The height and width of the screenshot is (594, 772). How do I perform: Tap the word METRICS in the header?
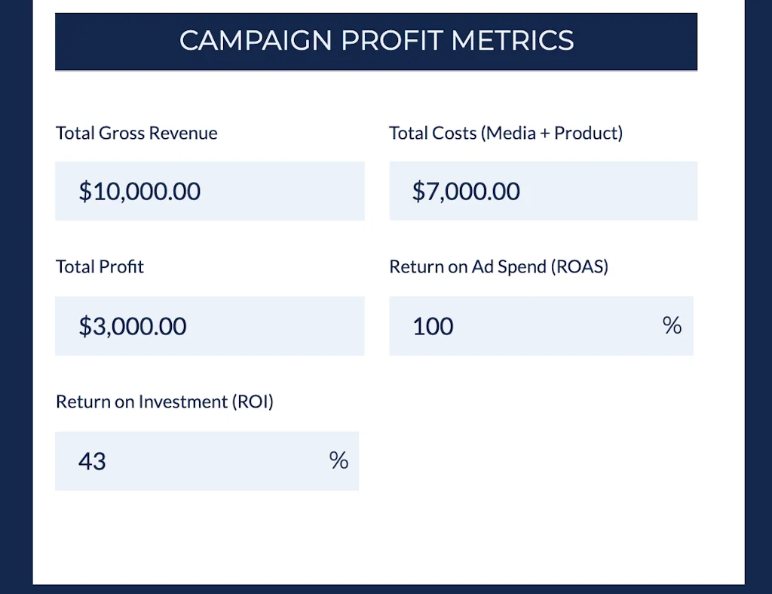(x=513, y=41)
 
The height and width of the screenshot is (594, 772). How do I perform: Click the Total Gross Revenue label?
(x=136, y=134)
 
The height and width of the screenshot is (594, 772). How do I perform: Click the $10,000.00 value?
(x=139, y=192)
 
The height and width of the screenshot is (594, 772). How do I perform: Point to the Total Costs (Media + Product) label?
(x=505, y=134)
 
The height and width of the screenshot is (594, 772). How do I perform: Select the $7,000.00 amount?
(x=466, y=192)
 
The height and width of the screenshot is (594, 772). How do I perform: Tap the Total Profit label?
(x=100, y=267)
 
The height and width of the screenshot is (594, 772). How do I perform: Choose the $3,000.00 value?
(x=133, y=327)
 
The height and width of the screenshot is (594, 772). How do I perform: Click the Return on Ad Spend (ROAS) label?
(x=498, y=267)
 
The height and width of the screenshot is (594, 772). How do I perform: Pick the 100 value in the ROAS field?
(x=433, y=327)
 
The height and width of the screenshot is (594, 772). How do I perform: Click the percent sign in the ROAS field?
(x=672, y=325)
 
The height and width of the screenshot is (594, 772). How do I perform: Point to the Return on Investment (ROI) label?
(x=164, y=402)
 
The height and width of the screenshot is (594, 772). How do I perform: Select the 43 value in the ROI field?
(x=92, y=461)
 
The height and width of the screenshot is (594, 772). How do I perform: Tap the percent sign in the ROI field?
(x=339, y=460)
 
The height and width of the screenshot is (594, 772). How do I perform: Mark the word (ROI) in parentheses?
(x=253, y=402)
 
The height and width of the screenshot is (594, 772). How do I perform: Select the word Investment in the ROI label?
(x=182, y=402)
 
